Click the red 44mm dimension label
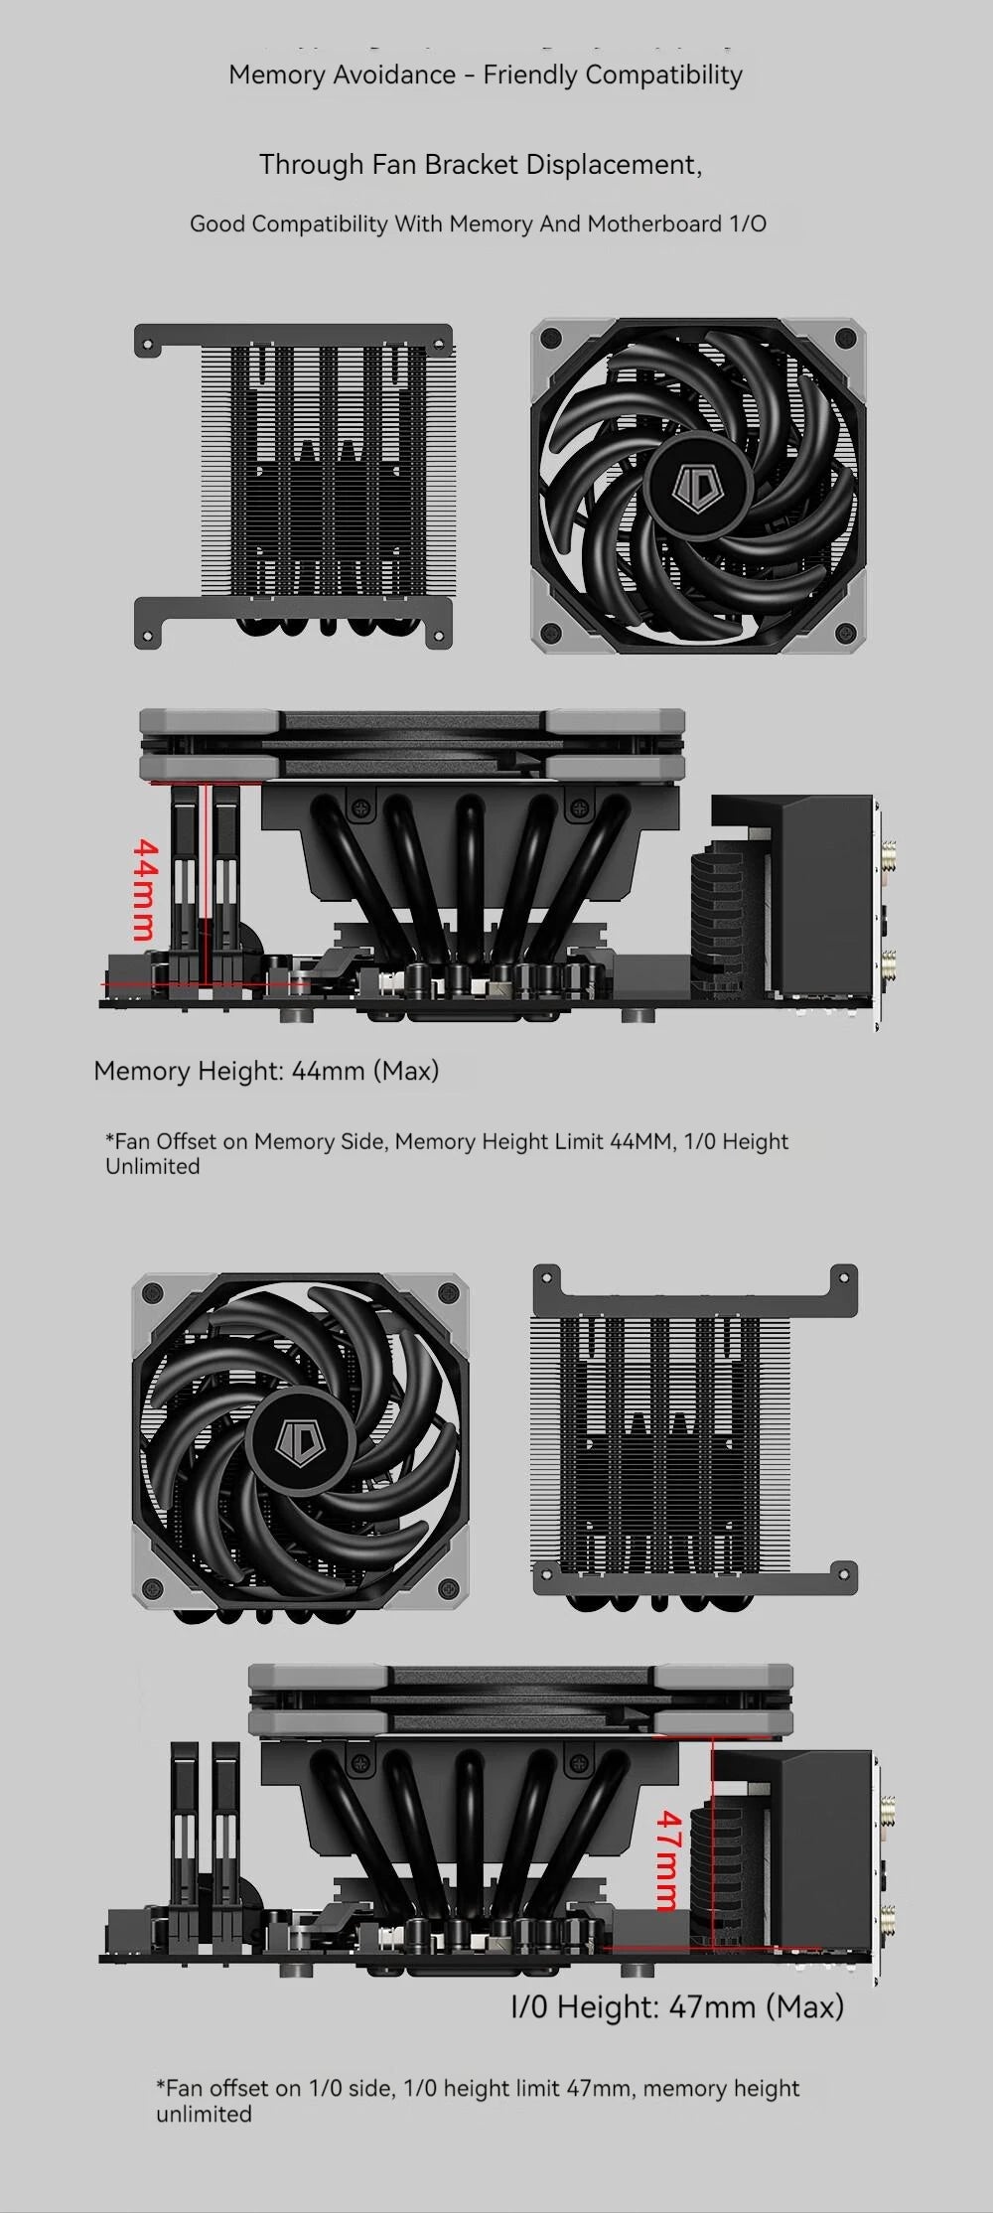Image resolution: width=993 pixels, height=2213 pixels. point(145,889)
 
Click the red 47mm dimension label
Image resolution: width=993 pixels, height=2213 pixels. point(669,1860)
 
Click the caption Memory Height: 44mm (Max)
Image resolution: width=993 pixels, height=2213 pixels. point(266,1071)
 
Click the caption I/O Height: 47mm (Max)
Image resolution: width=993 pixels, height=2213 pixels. point(676,2006)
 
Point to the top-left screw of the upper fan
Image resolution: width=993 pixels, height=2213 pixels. point(552,340)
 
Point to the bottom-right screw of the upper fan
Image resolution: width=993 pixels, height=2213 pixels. point(845,632)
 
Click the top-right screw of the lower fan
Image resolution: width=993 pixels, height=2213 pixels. point(448,1294)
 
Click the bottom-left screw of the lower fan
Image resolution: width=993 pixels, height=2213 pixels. point(153,1588)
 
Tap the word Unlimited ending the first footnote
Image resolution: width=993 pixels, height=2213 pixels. point(152,1167)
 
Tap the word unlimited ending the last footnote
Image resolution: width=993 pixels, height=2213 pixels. point(204,2115)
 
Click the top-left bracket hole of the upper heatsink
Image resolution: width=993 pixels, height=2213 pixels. point(148,347)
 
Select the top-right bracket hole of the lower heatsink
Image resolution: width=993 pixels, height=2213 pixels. point(843,1282)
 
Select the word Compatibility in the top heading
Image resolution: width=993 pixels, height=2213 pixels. point(663,75)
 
